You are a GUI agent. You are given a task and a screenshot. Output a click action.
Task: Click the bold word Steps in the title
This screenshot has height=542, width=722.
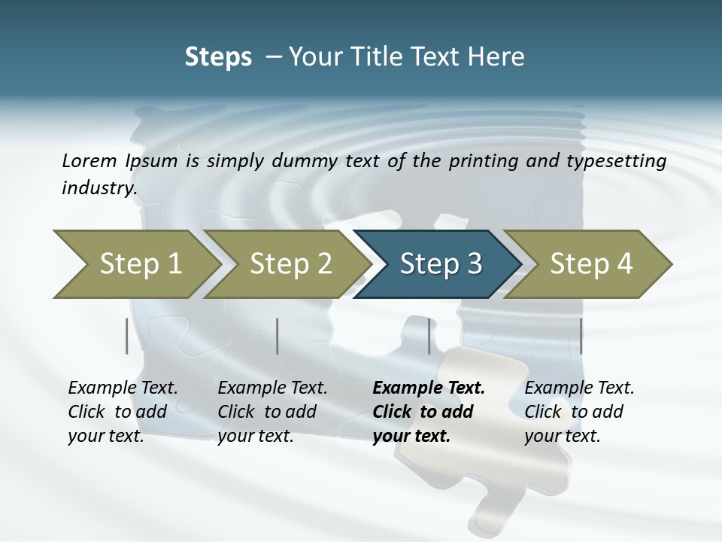218,56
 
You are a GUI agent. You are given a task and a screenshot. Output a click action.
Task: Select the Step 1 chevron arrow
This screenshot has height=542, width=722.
135,264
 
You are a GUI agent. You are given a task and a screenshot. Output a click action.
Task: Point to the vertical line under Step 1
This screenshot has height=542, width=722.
127,336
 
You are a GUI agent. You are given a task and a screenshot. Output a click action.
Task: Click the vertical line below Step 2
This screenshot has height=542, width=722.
278,336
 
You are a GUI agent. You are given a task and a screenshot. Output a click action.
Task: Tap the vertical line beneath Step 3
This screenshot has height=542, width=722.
429,336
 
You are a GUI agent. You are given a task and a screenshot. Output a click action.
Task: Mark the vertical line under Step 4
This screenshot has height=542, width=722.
581,336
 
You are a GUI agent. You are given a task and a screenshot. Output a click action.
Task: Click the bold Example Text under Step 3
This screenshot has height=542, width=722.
429,388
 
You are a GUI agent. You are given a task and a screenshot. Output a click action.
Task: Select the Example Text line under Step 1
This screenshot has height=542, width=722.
123,388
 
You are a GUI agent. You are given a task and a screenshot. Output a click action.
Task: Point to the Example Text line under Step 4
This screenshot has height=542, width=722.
579,388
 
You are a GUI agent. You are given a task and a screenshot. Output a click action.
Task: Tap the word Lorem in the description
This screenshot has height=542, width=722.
89,160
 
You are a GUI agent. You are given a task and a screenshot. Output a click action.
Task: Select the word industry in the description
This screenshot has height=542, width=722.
98,187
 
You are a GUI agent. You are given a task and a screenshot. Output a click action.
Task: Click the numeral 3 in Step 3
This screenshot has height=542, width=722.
474,264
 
